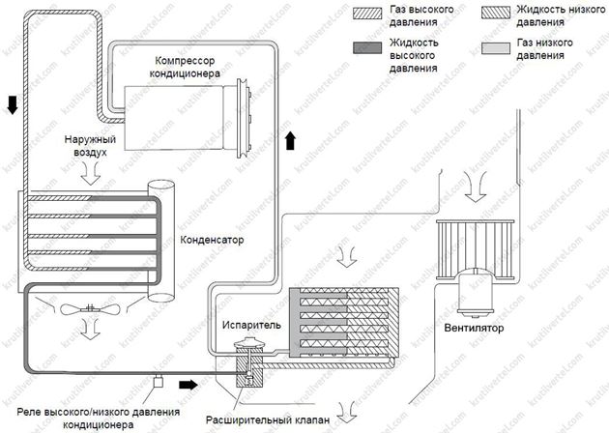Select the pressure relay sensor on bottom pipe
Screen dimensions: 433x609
click(155, 384)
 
